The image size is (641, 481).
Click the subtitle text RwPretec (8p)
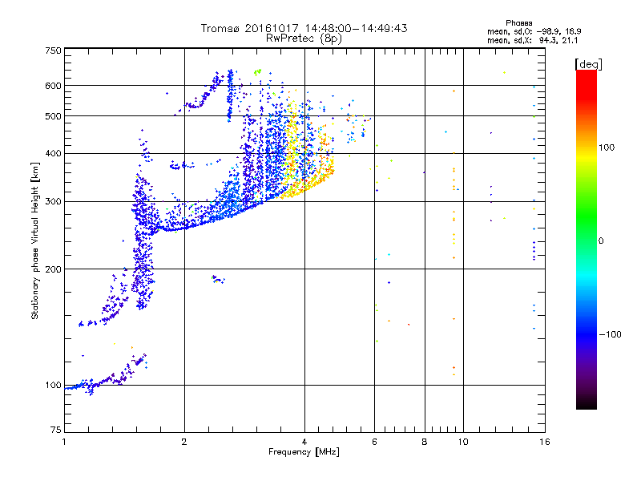304,38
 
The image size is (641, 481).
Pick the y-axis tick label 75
55,431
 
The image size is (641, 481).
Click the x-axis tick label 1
64,442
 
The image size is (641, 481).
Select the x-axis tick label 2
184,442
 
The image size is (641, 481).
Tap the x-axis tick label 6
374,442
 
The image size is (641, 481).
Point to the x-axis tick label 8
425,442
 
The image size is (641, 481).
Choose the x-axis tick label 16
544,442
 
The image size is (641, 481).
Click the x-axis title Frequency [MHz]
303,453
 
